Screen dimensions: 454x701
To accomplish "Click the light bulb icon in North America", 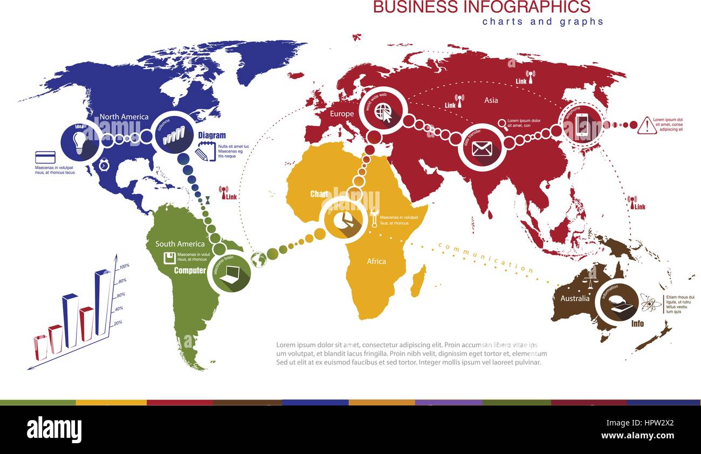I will pyautogui.click(x=80, y=142).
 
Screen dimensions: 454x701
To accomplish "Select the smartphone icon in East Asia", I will pyautogui.click(x=582, y=126).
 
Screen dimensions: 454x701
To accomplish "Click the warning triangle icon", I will pyautogui.click(x=646, y=126).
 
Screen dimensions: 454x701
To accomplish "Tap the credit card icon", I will pyautogui.click(x=45, y=157).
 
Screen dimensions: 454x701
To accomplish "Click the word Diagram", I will pyautogui.click(x=212, y=135).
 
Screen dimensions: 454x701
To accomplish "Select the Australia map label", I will pyautogui.click(x=575, y=298).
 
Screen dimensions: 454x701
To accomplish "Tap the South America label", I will pyautogui.click(x=180, y=244).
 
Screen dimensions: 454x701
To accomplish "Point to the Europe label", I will pyautogui.click(x=342, y=114).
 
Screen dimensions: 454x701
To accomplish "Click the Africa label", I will pyautogui.click(x=376, y=261).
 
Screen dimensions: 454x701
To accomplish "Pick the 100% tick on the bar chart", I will pyautogui.click(x=124, y=266).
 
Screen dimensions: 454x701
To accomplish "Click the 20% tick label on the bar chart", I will pyautogui.click(x=118, y=322).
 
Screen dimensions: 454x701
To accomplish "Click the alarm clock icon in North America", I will pyautogui.click(x=104, y=165).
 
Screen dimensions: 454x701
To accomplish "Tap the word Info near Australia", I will pyautogui.click(x=637, y=324).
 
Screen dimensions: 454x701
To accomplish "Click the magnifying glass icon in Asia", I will pyautogui.click(x=503, y=123).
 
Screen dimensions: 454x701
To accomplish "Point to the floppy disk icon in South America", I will pyautogui.click(x=169, y=258).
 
